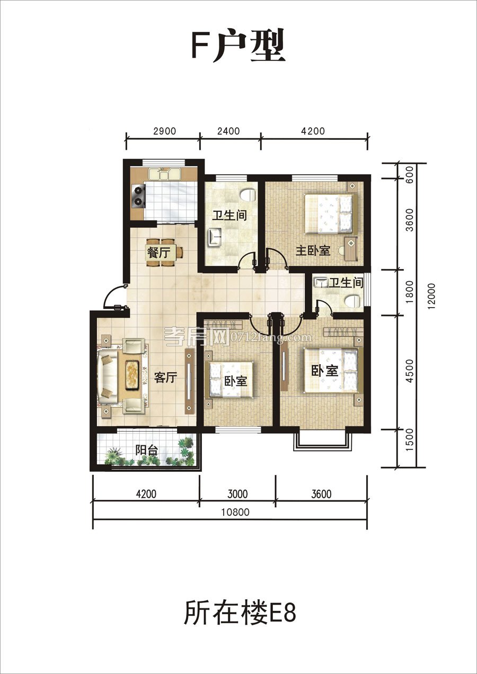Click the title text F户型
point(238,46)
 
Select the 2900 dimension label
point(164,131)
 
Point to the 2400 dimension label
point(228,131)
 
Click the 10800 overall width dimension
point(235,512)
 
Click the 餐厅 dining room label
point(158,252)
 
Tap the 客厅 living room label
point(165,378)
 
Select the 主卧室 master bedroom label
point(313,250)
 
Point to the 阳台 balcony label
point(147,450)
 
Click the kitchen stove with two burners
point(138,195)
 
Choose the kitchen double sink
point(164,174)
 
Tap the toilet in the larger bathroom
point(249,195)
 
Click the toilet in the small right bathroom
point(352,301)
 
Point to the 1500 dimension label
point(410,439)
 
